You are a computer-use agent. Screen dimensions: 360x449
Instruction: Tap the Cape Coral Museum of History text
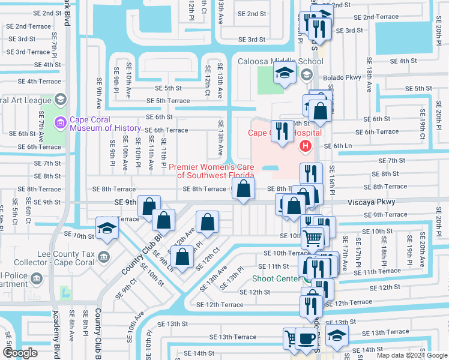106,123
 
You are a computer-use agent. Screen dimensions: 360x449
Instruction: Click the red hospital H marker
305,146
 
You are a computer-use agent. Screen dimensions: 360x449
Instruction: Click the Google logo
20,353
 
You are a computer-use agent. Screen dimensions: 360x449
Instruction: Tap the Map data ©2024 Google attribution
411,355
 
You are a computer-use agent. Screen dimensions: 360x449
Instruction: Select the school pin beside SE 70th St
106,228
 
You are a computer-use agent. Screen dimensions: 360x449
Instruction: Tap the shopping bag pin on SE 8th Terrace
243,189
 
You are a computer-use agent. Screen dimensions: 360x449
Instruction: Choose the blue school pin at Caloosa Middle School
285,73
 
